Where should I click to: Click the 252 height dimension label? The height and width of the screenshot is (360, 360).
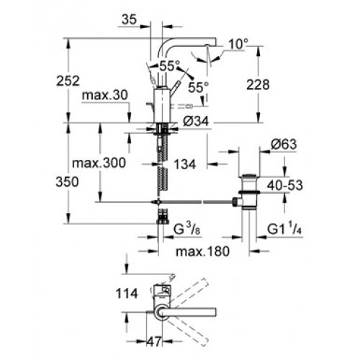[68, 81]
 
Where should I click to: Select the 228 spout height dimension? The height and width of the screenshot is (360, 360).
[258, 85]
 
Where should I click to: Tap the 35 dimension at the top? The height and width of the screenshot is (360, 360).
[129, 19]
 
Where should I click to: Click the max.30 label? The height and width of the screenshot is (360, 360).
[105, 96]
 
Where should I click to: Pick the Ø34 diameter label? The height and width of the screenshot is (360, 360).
[196, 122]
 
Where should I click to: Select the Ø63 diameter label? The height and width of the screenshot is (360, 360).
[284, 144]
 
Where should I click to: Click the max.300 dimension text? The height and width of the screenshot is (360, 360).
[99, 163]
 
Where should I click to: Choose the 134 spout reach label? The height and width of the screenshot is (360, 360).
[185, 165]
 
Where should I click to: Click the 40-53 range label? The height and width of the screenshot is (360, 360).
[285, 185]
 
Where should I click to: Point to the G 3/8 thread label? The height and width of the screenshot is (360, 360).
[187, 229]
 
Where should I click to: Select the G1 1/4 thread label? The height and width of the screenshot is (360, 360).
[284, 229]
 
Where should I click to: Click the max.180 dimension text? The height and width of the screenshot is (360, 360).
[202, 251]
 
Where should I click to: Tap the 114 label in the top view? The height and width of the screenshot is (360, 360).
[127, 293]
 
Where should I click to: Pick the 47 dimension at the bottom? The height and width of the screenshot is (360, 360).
[154, 341]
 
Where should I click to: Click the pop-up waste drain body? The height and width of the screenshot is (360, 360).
[249, 191]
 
